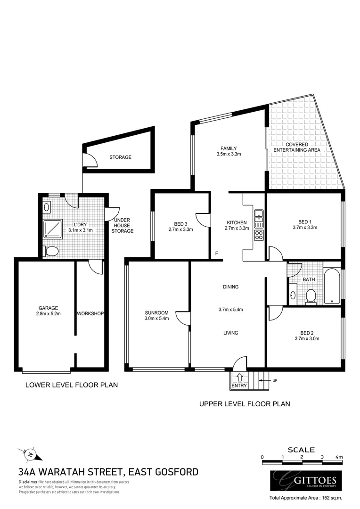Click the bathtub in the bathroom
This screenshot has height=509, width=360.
(332, 286)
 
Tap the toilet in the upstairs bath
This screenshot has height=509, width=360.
(311, 296)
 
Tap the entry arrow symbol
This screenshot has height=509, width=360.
(239, 377)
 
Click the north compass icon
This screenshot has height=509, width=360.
(29, 455)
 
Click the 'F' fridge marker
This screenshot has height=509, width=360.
(217, 254)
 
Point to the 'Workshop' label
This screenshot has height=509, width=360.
(90, 313)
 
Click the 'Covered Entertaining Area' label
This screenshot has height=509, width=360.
(297, 147)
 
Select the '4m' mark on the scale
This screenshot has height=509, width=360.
(339, 457)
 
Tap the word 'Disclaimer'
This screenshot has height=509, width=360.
(28, 482)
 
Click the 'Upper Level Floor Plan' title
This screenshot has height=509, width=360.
(244, 403)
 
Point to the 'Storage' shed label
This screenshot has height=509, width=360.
(120, 157)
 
